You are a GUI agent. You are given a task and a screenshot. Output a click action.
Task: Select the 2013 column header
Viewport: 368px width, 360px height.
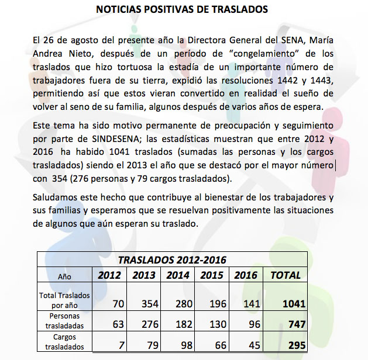(143, 275)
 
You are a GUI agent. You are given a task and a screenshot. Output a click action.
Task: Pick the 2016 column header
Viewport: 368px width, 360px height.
(246, 275)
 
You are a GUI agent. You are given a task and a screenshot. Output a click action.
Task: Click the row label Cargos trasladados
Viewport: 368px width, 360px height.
(64, 342)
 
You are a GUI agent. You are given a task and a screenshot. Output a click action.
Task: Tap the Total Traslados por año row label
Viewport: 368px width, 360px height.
(64, 300)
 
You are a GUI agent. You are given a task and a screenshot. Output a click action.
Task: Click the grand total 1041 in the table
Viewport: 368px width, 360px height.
(293, 303)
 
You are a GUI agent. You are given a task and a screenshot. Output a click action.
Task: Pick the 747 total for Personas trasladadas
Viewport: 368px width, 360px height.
(297, 324)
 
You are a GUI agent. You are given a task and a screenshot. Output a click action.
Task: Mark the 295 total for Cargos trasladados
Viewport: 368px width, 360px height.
(297, 345)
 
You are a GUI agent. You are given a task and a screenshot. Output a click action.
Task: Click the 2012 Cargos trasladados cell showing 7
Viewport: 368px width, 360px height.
(121, 345)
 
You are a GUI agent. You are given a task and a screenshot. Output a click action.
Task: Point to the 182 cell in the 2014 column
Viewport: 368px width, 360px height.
(185, 324)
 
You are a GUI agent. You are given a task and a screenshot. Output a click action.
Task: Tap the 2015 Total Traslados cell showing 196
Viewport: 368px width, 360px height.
(219, 303)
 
